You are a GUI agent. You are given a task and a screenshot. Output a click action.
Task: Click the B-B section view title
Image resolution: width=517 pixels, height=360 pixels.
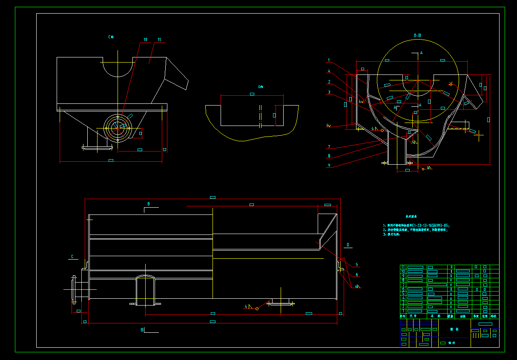[417, 35]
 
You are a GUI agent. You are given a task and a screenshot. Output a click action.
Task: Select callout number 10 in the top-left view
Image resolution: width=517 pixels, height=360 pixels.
[145, 40]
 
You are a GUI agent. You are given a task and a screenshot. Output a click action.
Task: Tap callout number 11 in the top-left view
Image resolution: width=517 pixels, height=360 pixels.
[159, 40]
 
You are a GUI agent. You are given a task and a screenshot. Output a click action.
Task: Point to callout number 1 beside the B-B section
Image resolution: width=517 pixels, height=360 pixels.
[329, 60]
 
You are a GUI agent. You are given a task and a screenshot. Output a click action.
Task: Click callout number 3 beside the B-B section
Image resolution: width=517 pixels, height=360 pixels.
[329, 92]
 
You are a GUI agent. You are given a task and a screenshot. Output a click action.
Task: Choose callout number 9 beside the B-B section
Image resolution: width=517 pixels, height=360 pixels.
[329, 166]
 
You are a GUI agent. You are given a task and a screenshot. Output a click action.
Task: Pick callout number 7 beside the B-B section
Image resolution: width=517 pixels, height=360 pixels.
[329, 147]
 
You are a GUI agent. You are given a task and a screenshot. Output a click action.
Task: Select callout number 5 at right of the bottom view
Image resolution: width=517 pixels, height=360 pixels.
[357, 265]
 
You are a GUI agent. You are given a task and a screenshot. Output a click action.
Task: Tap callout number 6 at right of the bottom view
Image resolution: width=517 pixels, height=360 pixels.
[357, 275]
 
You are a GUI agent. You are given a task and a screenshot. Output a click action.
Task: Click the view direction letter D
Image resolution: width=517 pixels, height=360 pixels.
[348, 245]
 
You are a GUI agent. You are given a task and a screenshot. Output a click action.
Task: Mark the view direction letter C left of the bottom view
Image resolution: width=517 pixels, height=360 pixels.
[72, 257]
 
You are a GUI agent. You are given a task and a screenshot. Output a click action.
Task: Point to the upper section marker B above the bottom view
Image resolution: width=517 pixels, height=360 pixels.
[148, 204]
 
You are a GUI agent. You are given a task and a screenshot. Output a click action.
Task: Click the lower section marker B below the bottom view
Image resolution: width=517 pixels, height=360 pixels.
[142, 330]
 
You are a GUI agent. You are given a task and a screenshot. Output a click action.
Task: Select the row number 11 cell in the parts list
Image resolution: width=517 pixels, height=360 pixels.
[403, 267]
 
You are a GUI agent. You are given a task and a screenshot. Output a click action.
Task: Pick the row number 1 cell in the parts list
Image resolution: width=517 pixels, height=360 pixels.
[403, 311]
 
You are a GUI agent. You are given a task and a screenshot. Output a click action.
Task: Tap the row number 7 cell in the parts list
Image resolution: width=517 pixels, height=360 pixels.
[403, 285]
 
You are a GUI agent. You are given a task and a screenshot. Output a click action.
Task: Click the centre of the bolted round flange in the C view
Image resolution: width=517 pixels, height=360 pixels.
[118, 127]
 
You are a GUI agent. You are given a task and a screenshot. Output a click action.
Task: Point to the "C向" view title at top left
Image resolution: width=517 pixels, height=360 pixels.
[111, 37]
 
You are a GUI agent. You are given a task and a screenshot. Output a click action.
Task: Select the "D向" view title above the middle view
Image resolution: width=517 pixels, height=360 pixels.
[261, 87]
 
